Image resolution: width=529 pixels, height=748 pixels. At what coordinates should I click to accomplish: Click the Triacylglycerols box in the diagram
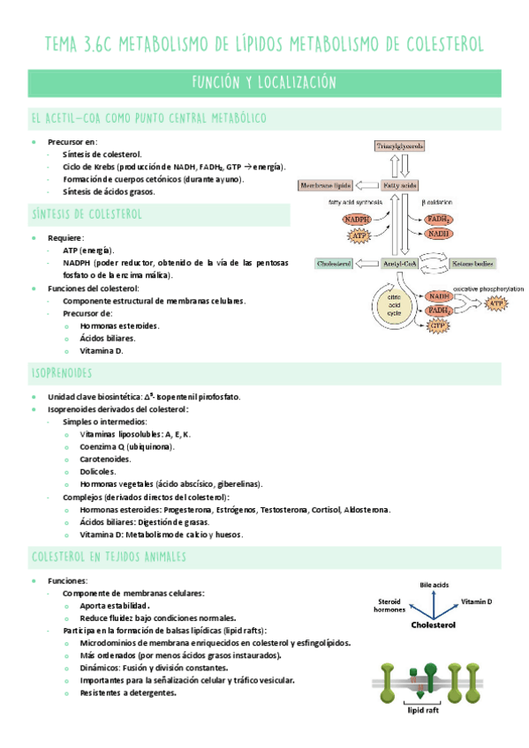399,145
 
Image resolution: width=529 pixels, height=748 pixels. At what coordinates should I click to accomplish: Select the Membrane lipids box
326,186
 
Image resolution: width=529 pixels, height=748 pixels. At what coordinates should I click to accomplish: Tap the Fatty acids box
399,186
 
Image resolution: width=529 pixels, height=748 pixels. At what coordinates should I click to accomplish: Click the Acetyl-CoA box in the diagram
399,264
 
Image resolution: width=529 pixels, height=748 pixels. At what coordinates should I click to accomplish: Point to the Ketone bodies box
473,264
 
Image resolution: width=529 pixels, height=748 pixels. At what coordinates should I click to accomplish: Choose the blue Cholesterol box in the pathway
334,264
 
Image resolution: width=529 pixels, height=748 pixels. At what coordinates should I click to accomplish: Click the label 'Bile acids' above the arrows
435,585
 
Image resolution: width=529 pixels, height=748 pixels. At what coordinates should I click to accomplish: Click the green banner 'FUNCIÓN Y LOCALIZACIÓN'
264,83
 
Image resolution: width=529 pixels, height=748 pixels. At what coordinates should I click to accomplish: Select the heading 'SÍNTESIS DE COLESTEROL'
87,214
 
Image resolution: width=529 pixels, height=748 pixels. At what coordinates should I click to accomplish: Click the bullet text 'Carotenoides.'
105,459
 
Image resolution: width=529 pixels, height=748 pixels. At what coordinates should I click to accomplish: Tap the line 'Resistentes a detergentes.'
127,692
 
